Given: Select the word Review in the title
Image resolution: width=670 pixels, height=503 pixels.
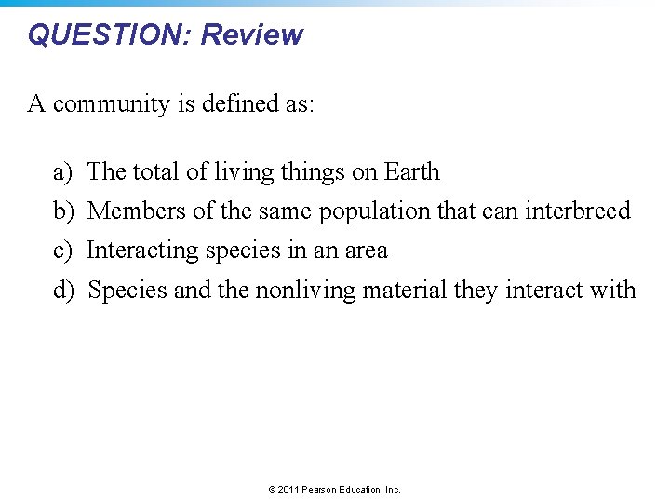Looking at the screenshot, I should [252, 34].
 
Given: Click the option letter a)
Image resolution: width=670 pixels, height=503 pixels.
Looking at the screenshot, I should [62, 172].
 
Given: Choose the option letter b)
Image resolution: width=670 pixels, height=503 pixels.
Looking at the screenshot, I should [62, 211].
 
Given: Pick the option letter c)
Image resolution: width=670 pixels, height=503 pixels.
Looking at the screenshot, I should [62, 251].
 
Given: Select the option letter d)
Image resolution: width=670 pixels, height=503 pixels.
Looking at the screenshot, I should [62, 291].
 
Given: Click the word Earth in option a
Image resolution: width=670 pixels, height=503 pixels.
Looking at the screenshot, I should [411, 172].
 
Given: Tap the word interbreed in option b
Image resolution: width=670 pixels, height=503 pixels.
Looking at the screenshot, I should [578, 211].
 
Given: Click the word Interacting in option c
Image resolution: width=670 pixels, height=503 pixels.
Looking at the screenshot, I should [141, 251].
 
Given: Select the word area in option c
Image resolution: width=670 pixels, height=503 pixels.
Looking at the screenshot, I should [366, 251].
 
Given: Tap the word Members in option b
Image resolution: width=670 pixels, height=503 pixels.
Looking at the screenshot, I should [137, 211].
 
